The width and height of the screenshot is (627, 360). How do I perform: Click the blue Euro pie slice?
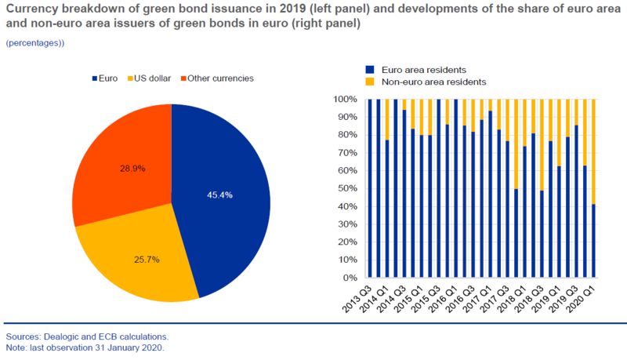coord(227,196)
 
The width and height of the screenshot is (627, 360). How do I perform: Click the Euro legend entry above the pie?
coord(106,78)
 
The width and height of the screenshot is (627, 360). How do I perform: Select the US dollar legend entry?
coord(150,78)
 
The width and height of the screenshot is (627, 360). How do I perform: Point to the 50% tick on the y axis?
coord(345,189)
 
